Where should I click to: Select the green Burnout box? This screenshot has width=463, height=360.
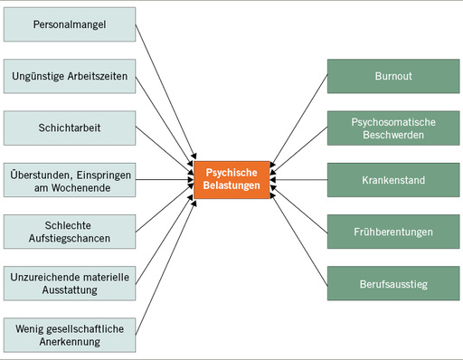coord(392,76)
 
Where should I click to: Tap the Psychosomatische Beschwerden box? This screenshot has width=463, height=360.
coord(392,128)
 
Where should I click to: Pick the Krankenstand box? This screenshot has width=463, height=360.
coord(392,180)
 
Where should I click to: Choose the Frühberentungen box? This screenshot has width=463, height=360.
coord(392,232)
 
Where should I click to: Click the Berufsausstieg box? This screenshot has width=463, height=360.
coord(392,283)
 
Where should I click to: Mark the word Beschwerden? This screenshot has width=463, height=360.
coord(392,136)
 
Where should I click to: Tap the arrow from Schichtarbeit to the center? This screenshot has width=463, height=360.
coord(165,147)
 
